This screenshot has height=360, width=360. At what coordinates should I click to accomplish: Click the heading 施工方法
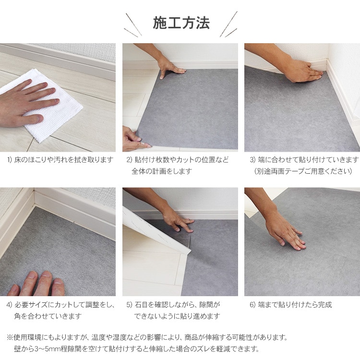pos(181,23)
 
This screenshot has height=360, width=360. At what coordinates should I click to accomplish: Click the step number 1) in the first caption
pos(10,159)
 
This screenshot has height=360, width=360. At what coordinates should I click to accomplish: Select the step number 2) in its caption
pos(129,159)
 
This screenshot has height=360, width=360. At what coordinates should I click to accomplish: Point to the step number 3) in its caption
pos(252,159)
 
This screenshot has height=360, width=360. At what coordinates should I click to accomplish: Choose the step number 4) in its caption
pos(9,305)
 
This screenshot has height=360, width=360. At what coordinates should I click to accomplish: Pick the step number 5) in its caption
pos(129,305)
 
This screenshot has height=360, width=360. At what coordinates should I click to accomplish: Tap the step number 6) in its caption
pos(252,305)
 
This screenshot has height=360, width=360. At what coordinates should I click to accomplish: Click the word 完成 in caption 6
pos(325,305)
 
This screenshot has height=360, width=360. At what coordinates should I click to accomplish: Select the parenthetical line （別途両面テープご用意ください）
pos(303,171)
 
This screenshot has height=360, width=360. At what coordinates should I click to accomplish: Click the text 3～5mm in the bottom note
pos(48,349)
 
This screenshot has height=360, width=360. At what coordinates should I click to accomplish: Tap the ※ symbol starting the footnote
pos(10,337)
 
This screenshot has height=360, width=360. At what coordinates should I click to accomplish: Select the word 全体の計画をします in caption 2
pos(162,171)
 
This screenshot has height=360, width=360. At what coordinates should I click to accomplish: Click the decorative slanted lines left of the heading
pos(132,25)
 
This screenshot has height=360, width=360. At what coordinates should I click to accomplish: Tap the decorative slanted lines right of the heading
pos(228,24)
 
